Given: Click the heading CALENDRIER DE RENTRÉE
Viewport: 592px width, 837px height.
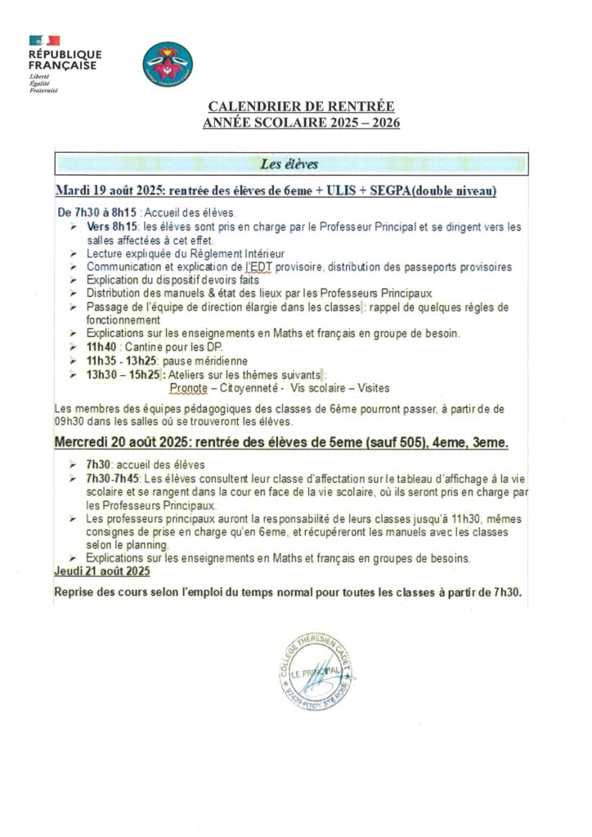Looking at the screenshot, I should coord(301,107).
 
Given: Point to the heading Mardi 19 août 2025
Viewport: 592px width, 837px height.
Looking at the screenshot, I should coord(111,190).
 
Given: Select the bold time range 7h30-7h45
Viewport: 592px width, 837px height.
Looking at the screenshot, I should coord(113,477).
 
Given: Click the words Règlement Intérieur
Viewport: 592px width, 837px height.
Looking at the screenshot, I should coord(207,255).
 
